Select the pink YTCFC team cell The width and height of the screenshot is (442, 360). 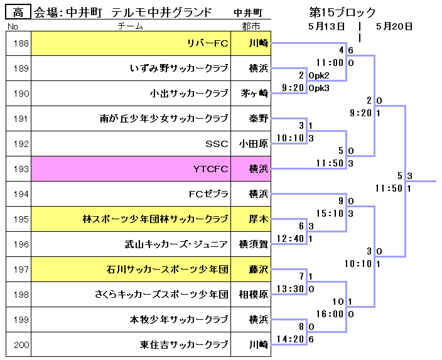click(131, 169)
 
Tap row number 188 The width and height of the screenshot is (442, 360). click(21, 43)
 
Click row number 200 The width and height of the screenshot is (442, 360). click(21, 344)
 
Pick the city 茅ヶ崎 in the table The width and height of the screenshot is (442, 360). click(254, 94)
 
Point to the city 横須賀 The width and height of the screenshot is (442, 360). click(254, 244)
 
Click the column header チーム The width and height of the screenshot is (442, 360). click(131, 26)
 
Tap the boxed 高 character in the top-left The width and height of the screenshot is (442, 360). click(18, 12)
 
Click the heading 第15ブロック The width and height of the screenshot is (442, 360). click(342, 13)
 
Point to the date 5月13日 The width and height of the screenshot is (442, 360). click(326, 26)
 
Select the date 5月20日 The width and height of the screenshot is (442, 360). click(394, 26)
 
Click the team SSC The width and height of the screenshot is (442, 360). click(217, 144)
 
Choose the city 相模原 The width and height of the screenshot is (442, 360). click(254, 295)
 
